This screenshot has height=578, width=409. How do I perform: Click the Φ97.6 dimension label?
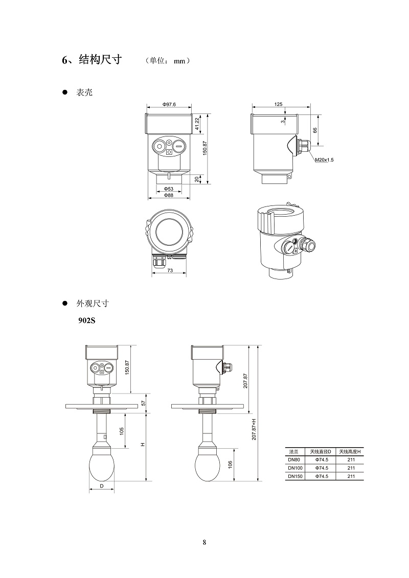pyautogui.click(x=169, y=104)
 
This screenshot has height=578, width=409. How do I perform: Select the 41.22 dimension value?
pyautogui.click(x=198, y=123)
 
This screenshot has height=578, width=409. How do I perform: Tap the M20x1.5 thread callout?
pyautogui.click(x=324, y=160)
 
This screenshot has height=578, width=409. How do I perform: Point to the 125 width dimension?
pyautogui.click(x=278, y=104)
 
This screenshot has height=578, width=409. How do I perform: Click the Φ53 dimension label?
pyautogui.click(x=168, y=189)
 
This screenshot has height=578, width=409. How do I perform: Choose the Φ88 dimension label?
pyautogui.click(x=168, y=195)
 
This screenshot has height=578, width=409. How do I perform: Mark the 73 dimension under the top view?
pyautogui.click(x=170, y=270)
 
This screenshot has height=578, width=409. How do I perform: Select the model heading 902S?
pyautogui.click(x=86, y=321)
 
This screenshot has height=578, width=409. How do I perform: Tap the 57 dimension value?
pyautogui.click(x=144, y=403)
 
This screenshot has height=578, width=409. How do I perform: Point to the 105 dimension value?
pyautogui.click(x=122, y=431)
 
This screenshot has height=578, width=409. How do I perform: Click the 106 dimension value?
pyautogui.click(x=230, y=464)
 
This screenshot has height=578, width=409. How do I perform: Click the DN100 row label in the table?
pyautogui.click(x=296, y=468)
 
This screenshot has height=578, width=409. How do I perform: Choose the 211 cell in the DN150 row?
pyautogui.click(x=351, y=476)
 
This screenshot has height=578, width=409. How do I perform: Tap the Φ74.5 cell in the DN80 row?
pyautogui.click(x=321, y=460)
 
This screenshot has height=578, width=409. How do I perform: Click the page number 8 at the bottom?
pyautogui.click(x=204, y=542)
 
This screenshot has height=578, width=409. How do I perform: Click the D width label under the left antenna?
pyautogui.click(x=102, y=486)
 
